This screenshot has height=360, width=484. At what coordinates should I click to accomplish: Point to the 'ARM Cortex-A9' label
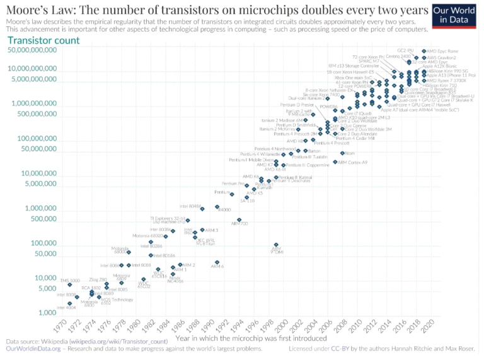click(x=354, y=162)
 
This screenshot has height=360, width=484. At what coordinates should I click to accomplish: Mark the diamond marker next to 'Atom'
click(x=342, y=153)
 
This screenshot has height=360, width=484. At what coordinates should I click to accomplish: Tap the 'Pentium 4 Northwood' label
click(x=275, y=149)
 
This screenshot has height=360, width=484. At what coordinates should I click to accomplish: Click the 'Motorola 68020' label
click(x=146, y=236)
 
